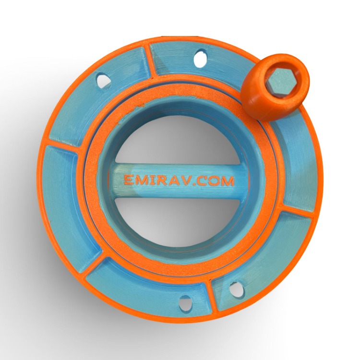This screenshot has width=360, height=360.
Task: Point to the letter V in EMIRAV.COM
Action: pyautogui.click(x=185, y=180)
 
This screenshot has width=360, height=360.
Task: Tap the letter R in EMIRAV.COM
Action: pyautogui.click(x=162, y=180)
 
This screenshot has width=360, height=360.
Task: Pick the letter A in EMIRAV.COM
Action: pyautogui.click(x=173, y=180)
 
